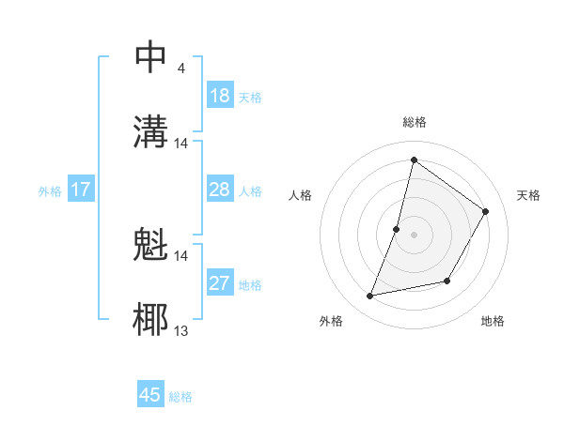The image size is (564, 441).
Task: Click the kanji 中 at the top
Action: (151, 56)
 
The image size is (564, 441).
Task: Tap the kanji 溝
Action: (151, 131)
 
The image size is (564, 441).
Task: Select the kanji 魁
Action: (151, 245)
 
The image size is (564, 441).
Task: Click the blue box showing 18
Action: (220, 96)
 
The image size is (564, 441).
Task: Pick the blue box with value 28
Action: (220, 190)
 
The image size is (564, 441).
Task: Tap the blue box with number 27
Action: (220, 283)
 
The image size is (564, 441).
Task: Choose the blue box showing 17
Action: (81, 190)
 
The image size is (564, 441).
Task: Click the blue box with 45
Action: (150, 395)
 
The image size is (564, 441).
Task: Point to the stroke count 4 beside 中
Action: (180, 68)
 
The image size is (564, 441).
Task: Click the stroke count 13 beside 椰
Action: (181, 330)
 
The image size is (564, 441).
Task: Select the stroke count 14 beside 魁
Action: (181, 255)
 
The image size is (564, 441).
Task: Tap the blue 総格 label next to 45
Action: (180, 397)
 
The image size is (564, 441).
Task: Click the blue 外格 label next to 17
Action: (50, 191)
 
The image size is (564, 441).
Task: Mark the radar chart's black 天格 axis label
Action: (528, 195)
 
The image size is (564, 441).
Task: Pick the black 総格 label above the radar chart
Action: (414, 122)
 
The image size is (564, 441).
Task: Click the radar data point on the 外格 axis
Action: (370, 297)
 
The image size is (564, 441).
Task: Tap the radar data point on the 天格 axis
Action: (486, 211)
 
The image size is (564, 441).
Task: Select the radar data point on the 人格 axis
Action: (397, 229)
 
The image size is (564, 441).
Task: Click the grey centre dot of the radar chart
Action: (414, 235)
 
